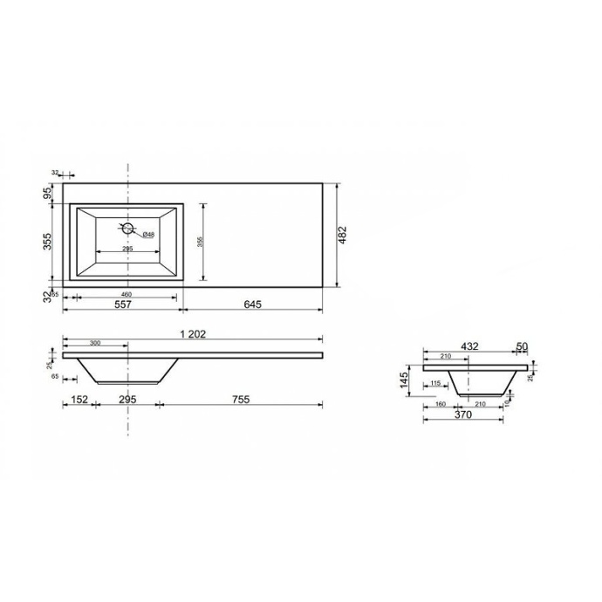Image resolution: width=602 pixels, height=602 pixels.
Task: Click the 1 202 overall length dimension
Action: point(192,334)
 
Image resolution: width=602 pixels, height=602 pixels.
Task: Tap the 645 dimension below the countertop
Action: point(251,304)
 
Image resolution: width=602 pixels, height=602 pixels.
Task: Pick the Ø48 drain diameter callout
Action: point(149,234)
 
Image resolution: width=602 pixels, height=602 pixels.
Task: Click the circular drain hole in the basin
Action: point(128,229)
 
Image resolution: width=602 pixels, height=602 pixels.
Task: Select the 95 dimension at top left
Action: point(48,193)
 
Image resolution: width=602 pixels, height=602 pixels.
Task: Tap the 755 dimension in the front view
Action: point(241,400)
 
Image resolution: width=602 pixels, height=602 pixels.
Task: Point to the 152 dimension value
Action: point(79,400)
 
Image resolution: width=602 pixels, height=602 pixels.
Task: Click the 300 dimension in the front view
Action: point(94,344)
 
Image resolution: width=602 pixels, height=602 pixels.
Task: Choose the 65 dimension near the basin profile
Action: point(54,377)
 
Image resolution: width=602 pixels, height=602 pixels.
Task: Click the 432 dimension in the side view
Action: point(470,346)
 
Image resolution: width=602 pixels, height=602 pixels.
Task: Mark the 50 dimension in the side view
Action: point(523,346)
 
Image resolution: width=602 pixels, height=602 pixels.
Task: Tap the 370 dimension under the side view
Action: point(462,416)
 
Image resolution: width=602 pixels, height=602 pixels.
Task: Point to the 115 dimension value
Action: point(434,383)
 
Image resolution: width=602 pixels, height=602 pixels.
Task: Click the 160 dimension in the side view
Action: point(440,404)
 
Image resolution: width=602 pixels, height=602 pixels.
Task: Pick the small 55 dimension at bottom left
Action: point(54,295)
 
